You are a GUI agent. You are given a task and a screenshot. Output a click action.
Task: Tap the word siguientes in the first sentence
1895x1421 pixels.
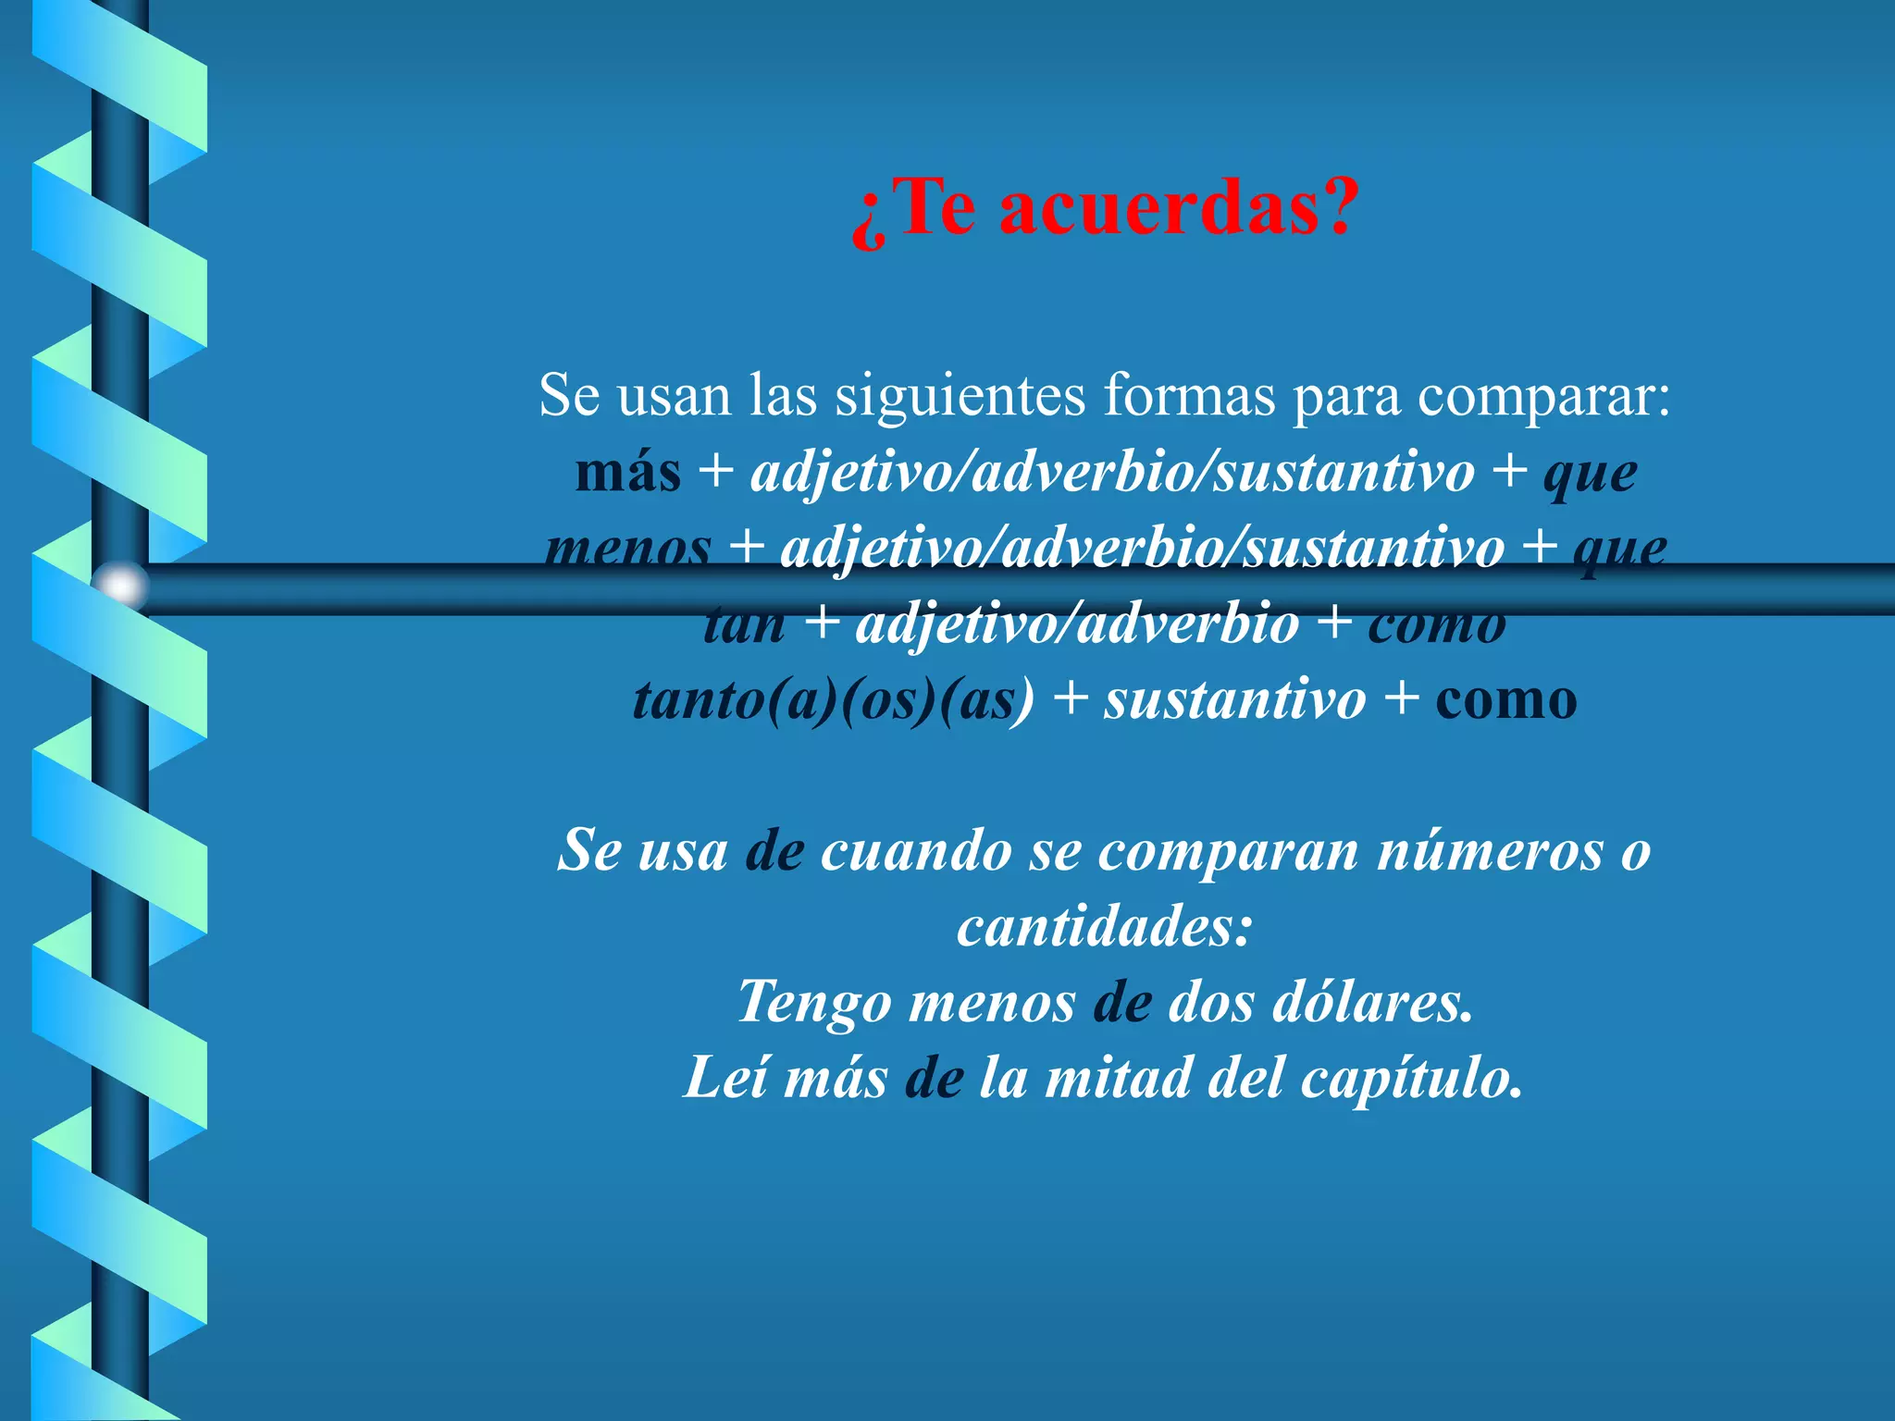click(960, 395)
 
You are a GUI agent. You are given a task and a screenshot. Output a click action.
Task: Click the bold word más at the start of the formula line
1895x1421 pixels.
click(627, 472)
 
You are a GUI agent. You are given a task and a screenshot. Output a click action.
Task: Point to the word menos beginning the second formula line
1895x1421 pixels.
click(628, 548)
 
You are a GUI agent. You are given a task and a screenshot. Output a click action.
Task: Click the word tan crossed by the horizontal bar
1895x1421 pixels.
click(745, 624)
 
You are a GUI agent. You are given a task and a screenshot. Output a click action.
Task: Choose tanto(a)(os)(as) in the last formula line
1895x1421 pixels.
click(833, 699)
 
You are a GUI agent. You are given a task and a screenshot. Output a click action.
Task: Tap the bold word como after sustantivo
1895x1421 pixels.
click(1505, 699)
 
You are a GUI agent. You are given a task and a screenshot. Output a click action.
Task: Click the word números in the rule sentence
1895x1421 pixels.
click(1490, 850)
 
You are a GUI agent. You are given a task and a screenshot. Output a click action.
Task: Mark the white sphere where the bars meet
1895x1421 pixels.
click(120, 587)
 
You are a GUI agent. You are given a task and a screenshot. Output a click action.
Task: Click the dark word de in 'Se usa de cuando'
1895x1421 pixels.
click(774, 850)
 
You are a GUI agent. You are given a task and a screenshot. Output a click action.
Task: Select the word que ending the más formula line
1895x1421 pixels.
click(1590, 474)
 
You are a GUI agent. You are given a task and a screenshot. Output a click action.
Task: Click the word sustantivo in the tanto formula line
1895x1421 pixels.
click(1234, 699)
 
